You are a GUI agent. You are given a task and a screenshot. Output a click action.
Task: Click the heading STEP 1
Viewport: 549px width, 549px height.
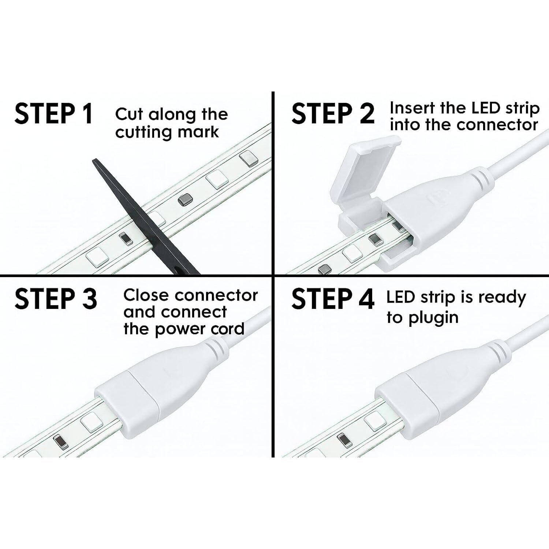pos(54,113)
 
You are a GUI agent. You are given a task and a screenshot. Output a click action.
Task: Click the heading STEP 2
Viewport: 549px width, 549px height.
pos(333,113)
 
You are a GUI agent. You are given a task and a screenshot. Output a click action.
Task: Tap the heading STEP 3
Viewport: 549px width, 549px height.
pos(56,298)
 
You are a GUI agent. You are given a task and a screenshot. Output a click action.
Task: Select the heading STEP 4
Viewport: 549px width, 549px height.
pos(333,298)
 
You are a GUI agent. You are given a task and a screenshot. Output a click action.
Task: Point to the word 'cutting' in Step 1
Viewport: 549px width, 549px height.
pos(141,132)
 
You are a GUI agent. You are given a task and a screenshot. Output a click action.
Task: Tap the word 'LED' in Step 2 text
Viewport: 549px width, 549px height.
pos(478,108)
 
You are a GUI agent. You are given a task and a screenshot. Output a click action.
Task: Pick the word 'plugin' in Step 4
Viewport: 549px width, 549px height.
pos(433,318)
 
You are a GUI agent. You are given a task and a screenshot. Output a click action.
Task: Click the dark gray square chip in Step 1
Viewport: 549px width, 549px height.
pos(184,200)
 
